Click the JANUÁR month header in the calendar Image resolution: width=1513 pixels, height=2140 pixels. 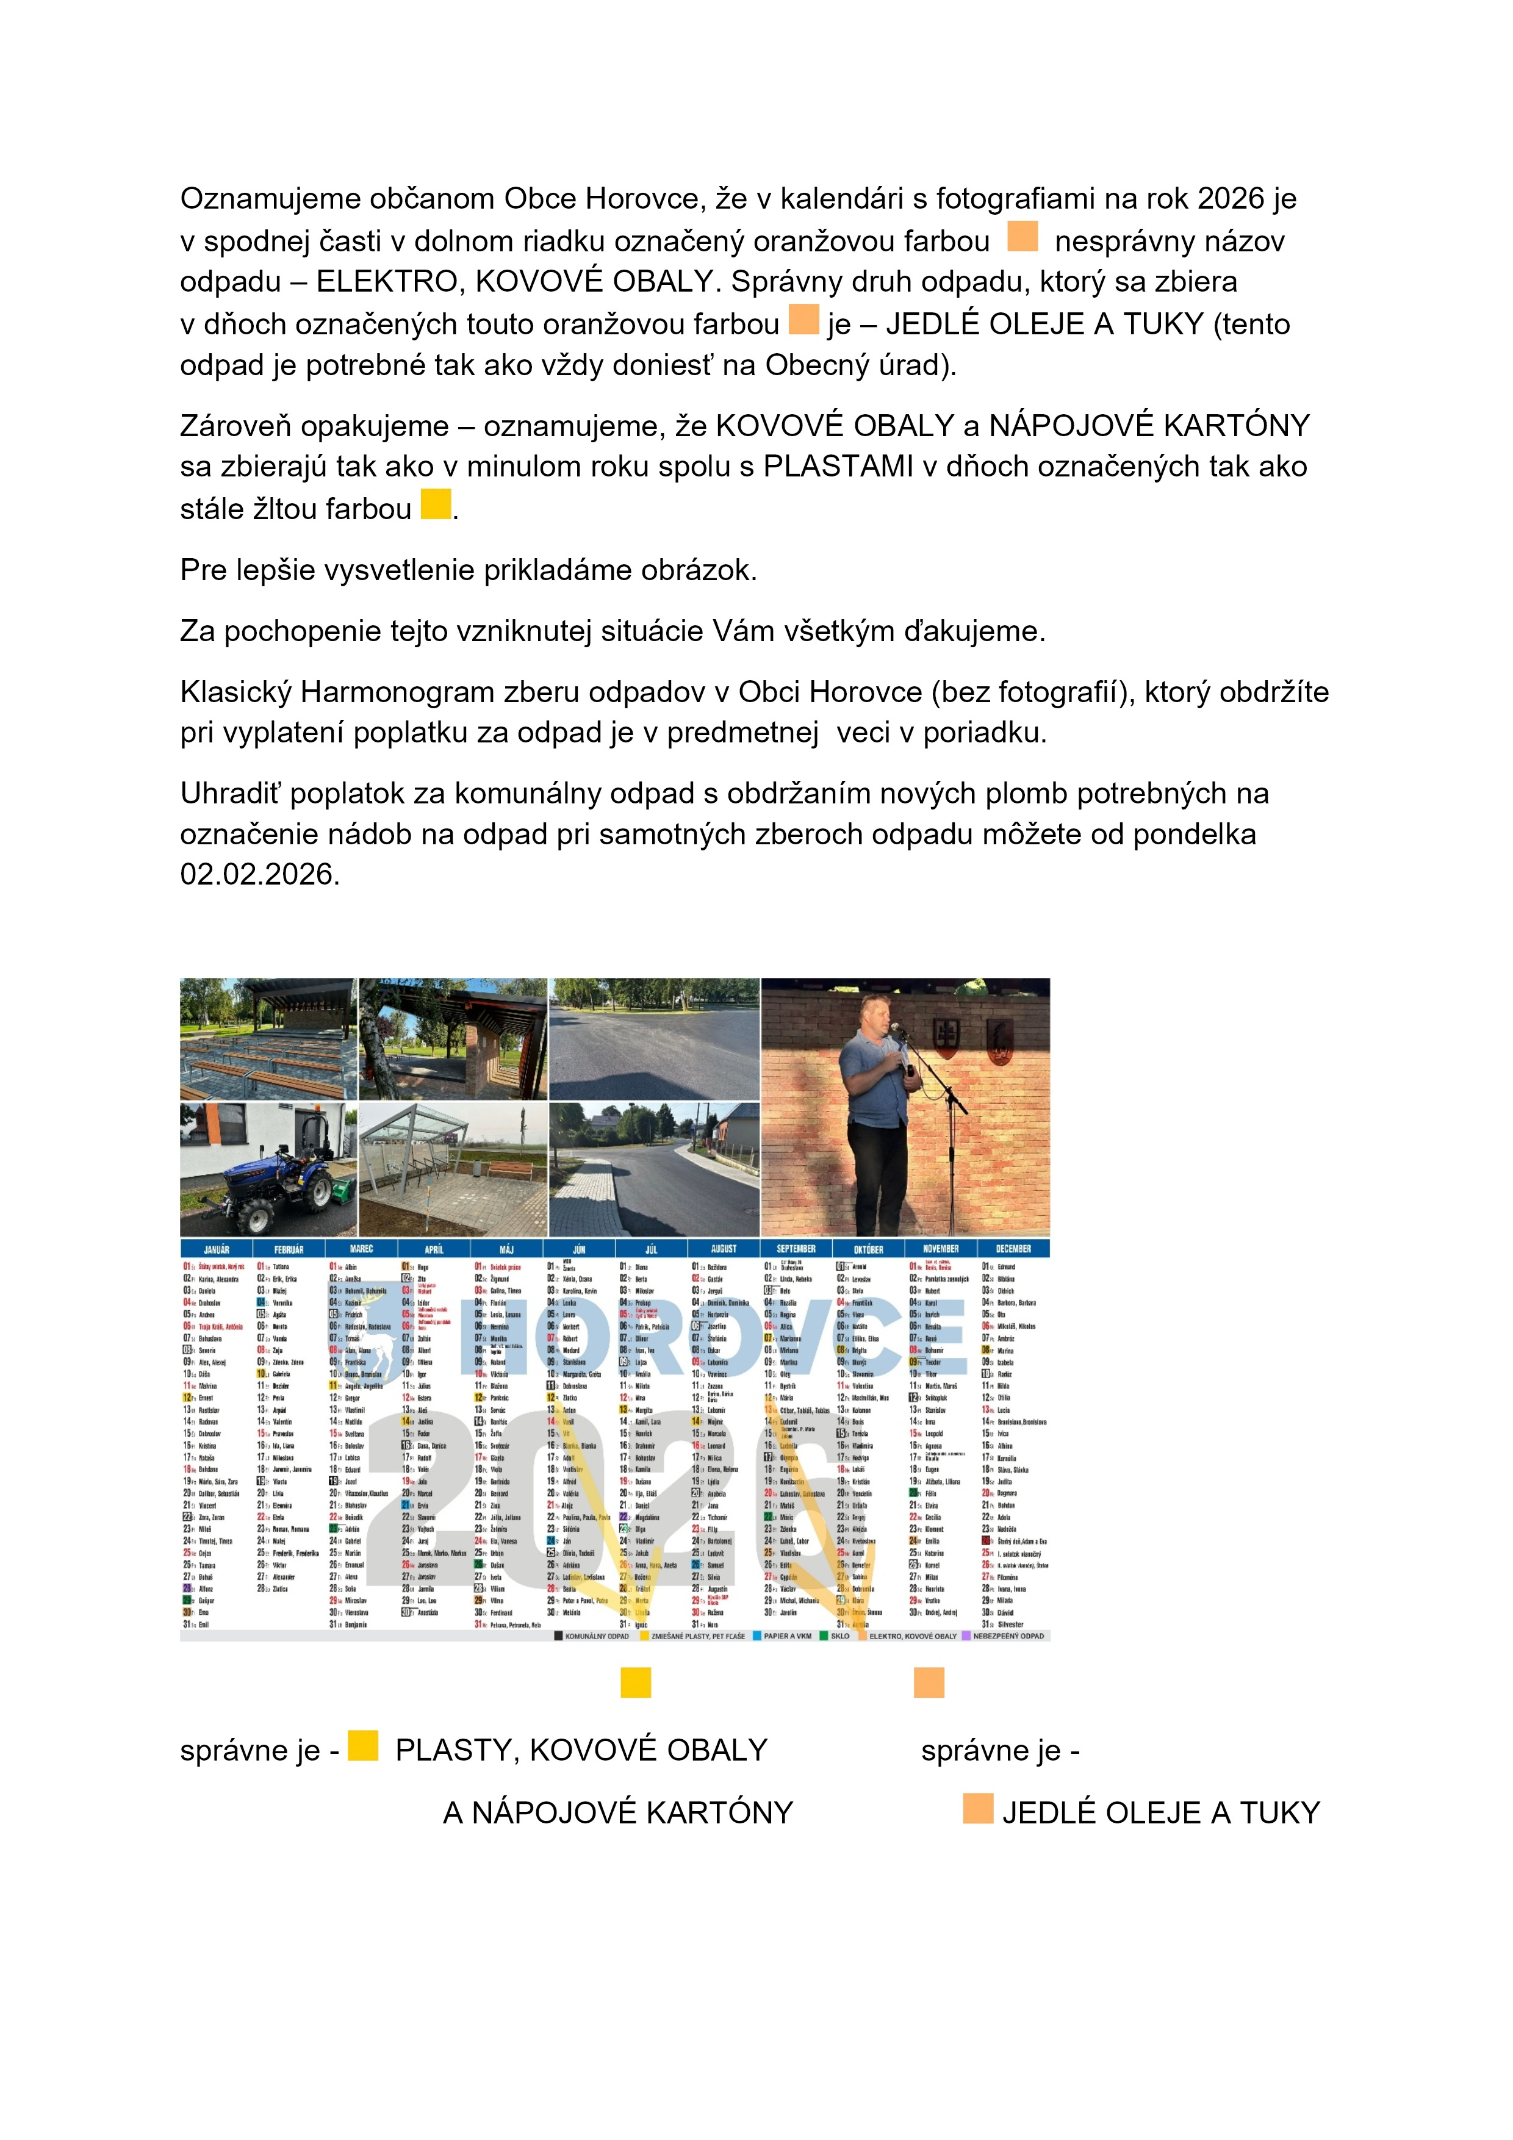click(x=217, y=1249)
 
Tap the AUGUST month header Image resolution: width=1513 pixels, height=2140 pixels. click(x=724, y=1249)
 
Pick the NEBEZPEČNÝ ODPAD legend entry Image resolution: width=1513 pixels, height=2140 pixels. click(x=1008, y=1636)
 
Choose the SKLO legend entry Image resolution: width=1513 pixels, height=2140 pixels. click(x=839, y=1636)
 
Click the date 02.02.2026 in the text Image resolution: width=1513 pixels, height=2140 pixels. click(x=260, y=874)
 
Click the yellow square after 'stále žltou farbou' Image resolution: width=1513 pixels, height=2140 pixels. click(x=436, y=504)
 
